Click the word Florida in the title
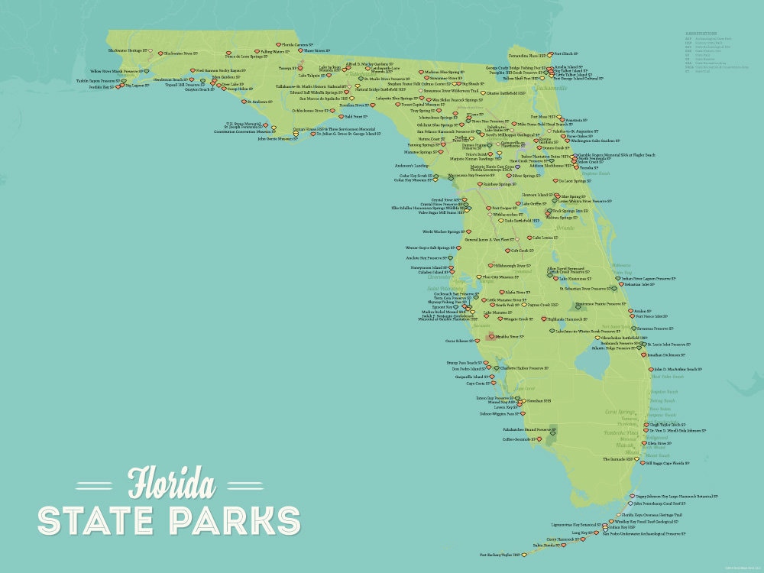[171, 483]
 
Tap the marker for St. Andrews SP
[244, 102]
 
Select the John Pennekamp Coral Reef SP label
[662, 503]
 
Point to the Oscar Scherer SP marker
[482, 341]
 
